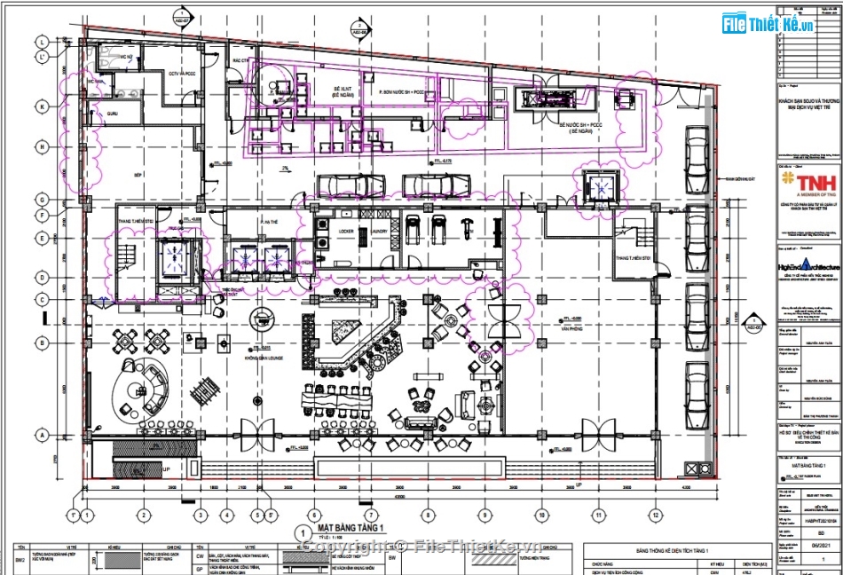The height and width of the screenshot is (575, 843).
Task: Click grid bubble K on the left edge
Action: click(x=42, y=106)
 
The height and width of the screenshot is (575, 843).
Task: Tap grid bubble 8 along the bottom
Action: click(x=428, y=514)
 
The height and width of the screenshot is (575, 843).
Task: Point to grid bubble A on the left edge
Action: click(x=42, y=434)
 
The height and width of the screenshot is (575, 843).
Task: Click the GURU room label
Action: click(x=113, y=114)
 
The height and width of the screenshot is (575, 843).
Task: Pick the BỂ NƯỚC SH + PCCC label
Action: click(x=581, y=126)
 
